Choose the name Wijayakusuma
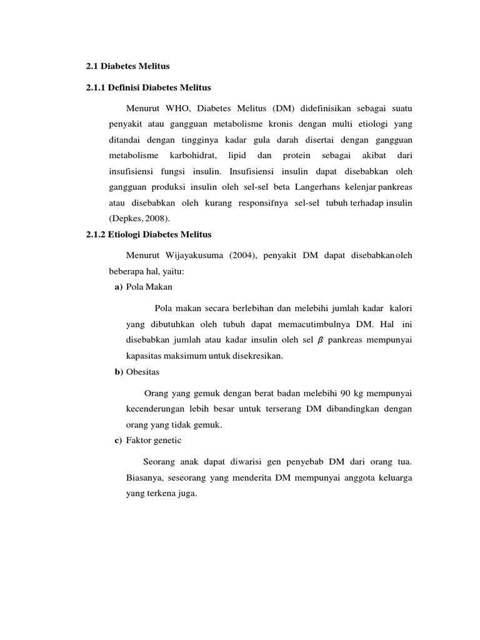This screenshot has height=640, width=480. [200, 255]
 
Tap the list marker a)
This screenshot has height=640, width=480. [118, 287]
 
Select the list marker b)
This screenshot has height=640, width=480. [118, 372]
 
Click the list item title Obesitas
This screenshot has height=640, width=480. [143, 372]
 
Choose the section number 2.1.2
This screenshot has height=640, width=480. [97, 235]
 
